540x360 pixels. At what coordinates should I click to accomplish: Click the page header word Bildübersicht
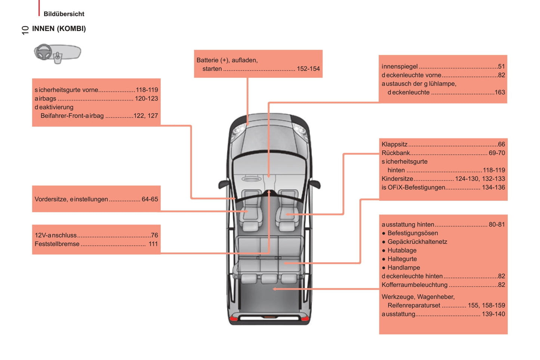pos(64,14)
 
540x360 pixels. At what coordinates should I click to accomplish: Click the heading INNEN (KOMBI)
pos(59,29)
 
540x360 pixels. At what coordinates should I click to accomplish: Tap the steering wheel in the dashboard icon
pos(43,52)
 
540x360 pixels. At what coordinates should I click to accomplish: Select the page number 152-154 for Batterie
pos(308,69)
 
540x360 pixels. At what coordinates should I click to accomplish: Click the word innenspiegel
pos(399,66)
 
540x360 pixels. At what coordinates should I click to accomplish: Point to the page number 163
pos(500,92)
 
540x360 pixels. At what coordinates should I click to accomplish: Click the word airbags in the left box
pos(45,99)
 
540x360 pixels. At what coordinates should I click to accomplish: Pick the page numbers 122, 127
pos(146,116)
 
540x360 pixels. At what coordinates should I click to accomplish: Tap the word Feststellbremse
pos(57,244)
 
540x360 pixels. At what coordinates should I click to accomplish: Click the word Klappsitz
pos(394,145)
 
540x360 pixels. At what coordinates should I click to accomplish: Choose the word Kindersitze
pos(397,179)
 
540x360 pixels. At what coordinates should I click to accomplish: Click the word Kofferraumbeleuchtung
pos(414,285)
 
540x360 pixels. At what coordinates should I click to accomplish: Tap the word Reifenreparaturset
pos(414,305)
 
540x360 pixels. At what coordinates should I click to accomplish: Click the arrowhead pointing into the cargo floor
pos(275,289)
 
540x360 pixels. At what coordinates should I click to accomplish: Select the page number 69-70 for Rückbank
pos(497,153)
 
